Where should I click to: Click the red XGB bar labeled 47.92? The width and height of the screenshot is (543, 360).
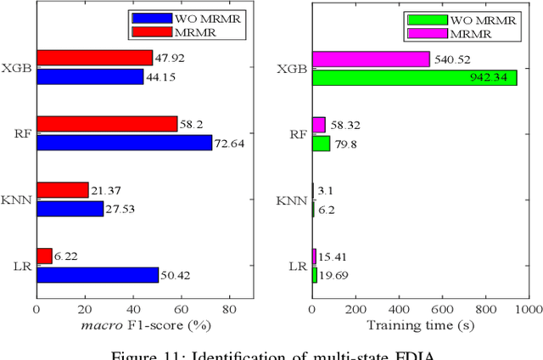(x=94, y=58)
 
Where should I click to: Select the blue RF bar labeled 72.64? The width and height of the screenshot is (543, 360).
(x=124, y=143)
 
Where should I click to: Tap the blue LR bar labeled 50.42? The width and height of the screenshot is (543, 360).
(x=97, y=275)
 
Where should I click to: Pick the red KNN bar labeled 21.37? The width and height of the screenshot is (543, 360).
(x=62, y=190)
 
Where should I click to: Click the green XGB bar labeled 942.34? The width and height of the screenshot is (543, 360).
(x=414, y=77)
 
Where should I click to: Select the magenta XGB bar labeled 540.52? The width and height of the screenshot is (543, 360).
(x=371, y=59)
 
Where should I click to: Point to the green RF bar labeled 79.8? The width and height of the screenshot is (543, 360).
(x=321, y=143)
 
